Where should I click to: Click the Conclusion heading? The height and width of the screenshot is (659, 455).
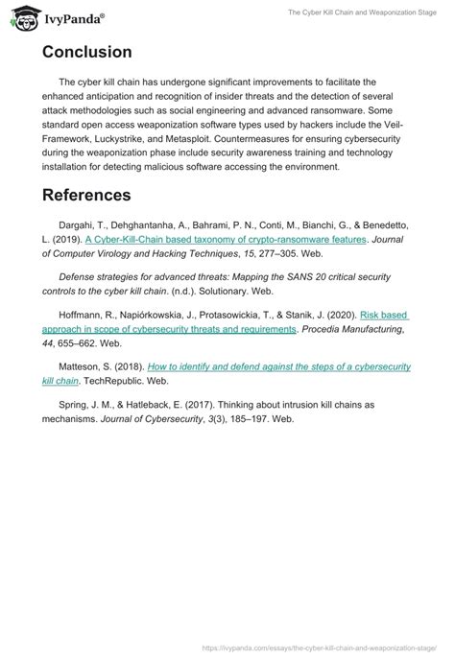87,52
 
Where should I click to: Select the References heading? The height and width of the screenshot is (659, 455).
86,196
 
